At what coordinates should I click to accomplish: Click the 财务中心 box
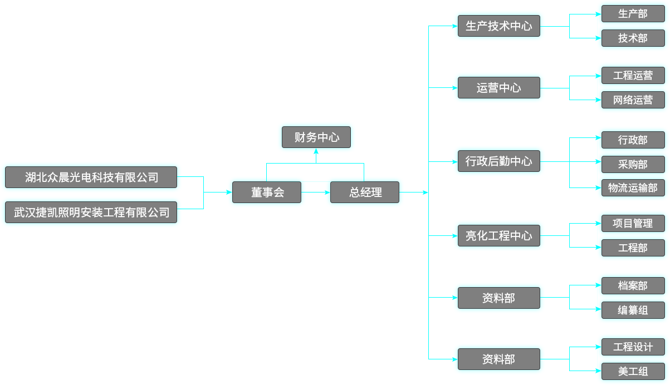pyautogui.click(x=316, y=137)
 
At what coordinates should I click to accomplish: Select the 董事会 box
pyautogui.click(x=267, y=192)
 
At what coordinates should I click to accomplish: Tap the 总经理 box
pyautogui.click(x=365, y=192)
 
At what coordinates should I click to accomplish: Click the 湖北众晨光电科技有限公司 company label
pyautogui.click(x=91, y=177)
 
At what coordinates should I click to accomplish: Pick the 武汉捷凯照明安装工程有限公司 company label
pyautogui.click(x=91, y=212)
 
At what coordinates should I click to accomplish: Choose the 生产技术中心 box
pyautogui.click(x=498, y=26)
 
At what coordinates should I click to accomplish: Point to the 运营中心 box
pyautogui.click(x=498, y=88)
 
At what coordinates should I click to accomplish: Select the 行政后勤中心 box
pyautogui.click(x=498, y=161)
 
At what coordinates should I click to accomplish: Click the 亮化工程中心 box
pyautogui.click(x=498, y=235)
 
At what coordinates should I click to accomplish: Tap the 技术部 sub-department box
pyautogui.click(x=633, y=38)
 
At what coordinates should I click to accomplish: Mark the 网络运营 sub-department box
pyautogui.click(x=633, y=100)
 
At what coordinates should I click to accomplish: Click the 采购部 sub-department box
pyautogui.click(x=633, y=164)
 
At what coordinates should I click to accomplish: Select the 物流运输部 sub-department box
pyautogui.click(x=633, y=188)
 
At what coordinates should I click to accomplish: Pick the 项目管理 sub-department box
pyautogui.click(x=633, y=223)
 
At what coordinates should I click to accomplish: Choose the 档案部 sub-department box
pyautogui.click(x=633, y=285)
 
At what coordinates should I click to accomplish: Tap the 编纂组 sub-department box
pyautogui.click(x=633, y=310)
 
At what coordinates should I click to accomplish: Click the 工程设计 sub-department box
pyautogui.click(x=633, y=347)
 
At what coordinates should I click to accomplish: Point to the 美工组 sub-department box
pyautogui.click(x=633, y=371)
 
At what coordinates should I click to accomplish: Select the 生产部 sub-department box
pyautogui.click(x=633, y=14)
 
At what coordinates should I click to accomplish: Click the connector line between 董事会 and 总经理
pyautogui.click(x=316, y=192)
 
